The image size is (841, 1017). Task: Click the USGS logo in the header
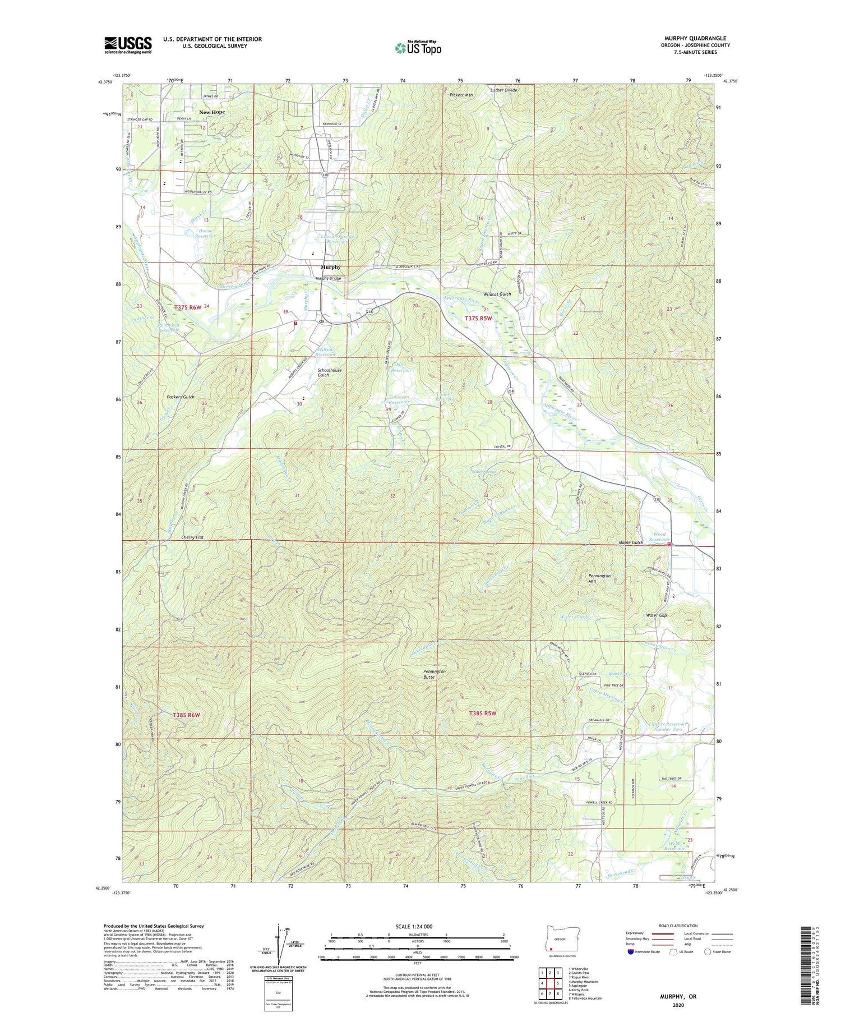pyautogui.click(x=128, y=45)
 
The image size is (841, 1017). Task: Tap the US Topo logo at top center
pyautogui.click(x=418, y=48)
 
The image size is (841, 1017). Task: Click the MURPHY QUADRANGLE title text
pyautogui.click(x=695, y=39)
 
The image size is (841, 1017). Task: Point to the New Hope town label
pyautogui.click(x=212, y=112)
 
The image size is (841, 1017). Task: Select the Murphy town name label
pyautogui.click(x=330, y=267)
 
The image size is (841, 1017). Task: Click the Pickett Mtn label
pyautogui.click(x=461, y=95)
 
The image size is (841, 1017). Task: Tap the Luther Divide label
pyautogui.click(x=503, y=90)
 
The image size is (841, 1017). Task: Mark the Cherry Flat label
pyautogui.click(x=192, y=537)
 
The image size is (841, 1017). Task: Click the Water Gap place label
pyautogui.click(x=656, y=615)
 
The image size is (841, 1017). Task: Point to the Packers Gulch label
pyautogui.click(x=181, y=397)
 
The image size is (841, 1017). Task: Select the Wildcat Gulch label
pyautogui.click(x=497, y=294)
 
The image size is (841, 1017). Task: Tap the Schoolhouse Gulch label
pyautogui.click(x=329, y=372)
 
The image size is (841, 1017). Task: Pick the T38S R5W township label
pyautogui.click(x=482, y=713)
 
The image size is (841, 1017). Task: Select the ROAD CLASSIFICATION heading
pyautogui.click(x=678, y=926)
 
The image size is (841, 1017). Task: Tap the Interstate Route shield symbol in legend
pyautogui.click(x=631, y=951)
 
